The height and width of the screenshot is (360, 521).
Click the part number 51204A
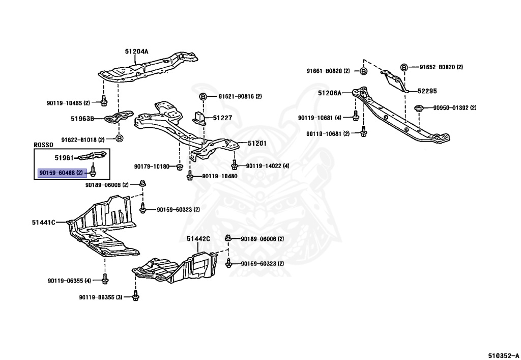(136, 51)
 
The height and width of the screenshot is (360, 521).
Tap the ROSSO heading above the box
(44, 145)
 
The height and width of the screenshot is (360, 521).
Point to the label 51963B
(82, 118)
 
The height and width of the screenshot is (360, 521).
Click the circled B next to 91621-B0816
(203, 97)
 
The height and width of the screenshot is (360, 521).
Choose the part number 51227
(223, 118)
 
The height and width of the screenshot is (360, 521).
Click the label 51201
(257, 143)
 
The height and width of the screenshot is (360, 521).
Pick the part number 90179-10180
(152, 166)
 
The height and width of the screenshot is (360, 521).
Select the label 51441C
(44, 223)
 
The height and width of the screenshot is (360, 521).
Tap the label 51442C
(198, 239)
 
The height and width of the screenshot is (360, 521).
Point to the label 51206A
(330, 93)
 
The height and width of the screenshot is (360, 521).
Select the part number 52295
(427, 91)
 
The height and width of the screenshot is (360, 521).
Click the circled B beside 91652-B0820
(404, 68)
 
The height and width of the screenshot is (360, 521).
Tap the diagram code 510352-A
(503, 355)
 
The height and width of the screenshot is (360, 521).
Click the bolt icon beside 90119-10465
(104, 101)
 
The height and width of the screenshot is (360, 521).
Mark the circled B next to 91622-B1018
(119, 138)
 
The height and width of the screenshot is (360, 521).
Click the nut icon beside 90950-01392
(419, 108)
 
